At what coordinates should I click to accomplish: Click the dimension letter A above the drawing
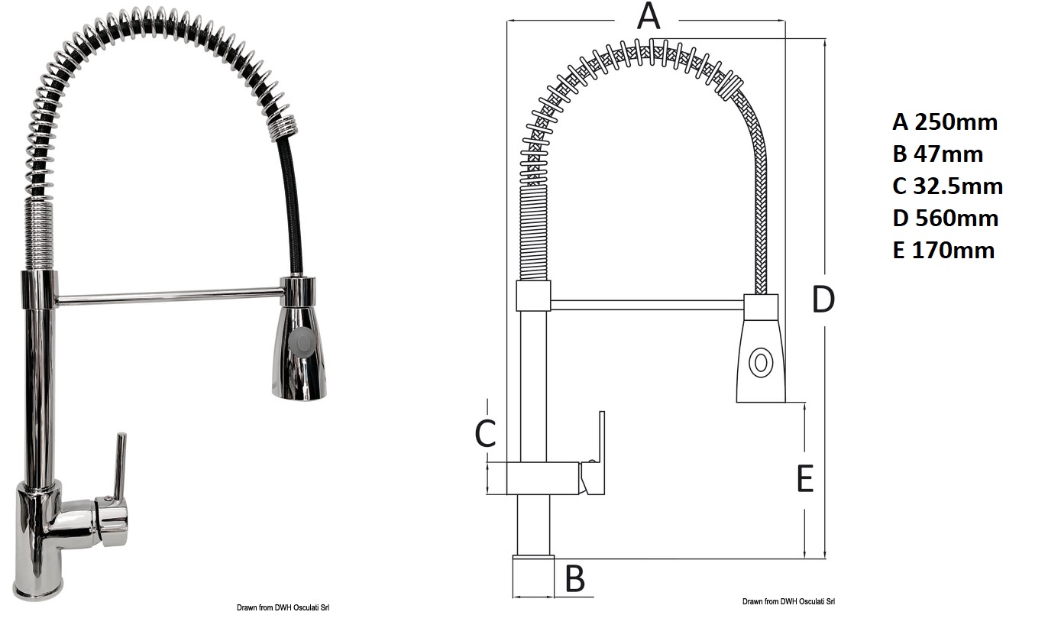coord(649,16)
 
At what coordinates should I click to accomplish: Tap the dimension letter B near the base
coord(575,578)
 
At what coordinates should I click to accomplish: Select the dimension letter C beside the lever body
coord(485,433)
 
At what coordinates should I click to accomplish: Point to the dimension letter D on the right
coord(823,299)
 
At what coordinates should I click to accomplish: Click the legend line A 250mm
coord(945,122)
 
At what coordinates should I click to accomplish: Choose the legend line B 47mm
coord(937,154)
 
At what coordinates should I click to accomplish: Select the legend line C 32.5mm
coord(947,186)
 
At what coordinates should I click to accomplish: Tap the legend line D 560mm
coord(946,218)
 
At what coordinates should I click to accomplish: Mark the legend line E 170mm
coord(943,250)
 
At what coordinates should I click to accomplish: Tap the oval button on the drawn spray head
coord(761,363)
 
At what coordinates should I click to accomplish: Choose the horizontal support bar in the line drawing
coord(647,305)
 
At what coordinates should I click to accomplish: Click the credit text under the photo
coord(283,607)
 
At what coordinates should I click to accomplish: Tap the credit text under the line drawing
coord(788,601)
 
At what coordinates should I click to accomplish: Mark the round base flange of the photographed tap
coord(38,592)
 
